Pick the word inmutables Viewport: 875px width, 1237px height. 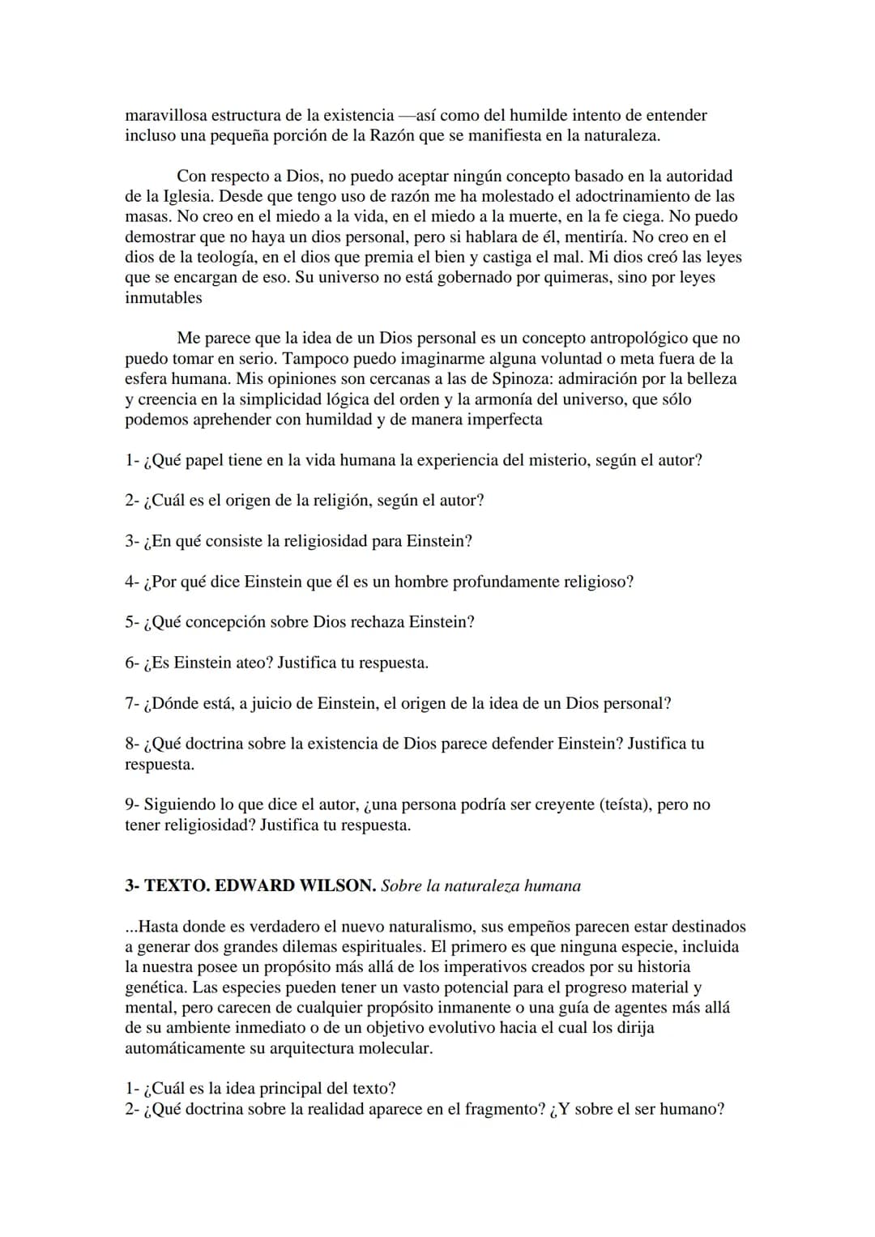(163, 297)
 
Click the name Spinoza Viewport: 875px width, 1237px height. (523, 378)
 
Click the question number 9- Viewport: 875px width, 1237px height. (133, 804)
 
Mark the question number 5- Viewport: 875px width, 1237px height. (133, 622)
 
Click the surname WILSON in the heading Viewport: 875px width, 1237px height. (337, 885)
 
